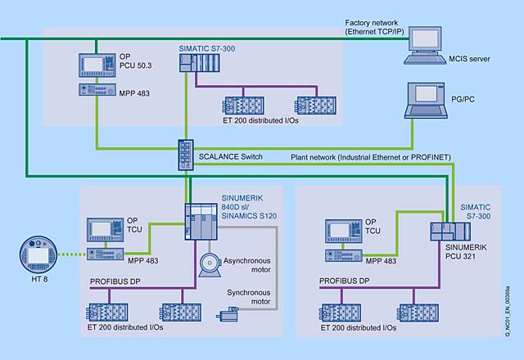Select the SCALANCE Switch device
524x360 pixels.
point(183,153)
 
